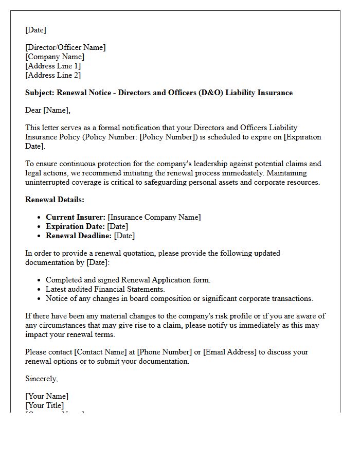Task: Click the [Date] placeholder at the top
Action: click(35, 30)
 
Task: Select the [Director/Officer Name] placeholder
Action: click(65, 47)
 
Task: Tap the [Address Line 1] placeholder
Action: click(53, 66)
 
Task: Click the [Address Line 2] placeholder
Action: click(53, 75)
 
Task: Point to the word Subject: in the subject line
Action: click(40, 93)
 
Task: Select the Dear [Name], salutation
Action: click(48, 110)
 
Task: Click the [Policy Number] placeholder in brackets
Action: click(167, 137)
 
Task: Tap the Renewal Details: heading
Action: click(55, 200)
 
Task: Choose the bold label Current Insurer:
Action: click(76, 217)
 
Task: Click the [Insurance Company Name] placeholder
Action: click(154, 217)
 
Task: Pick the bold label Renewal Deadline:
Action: click(79, 236)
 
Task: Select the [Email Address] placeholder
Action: click(229, 352)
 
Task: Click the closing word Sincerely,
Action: click(42, 379)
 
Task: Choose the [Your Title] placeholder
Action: click(45, 405)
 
